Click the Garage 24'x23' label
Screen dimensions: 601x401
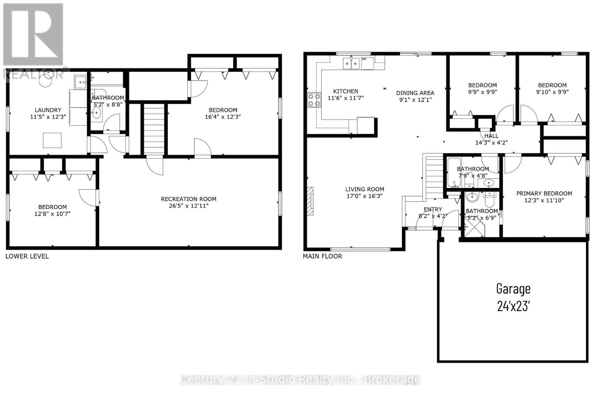pos(513,297)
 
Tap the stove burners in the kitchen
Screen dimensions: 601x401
pos(314,100)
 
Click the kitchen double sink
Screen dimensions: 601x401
pos(351,64)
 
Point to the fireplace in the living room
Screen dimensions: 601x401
pos(310,201)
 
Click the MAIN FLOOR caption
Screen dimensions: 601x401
pos(323,256)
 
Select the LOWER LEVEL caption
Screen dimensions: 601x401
pos(27,256)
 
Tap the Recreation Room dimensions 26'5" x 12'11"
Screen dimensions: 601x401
pos(189,206)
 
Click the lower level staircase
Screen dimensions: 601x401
pos(154,129)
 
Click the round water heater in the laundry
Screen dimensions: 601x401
pos(45,80)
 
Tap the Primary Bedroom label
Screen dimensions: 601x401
pos(544,194)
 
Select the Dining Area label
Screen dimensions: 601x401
pos(415,93)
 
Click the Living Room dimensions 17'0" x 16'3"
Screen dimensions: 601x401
pos(365,196)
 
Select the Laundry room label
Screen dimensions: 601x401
pos(48,110)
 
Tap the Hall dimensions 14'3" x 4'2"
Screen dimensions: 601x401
pos(492,143)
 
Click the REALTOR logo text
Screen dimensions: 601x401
pos(34,74)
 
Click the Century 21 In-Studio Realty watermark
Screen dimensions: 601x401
pos(300,380)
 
